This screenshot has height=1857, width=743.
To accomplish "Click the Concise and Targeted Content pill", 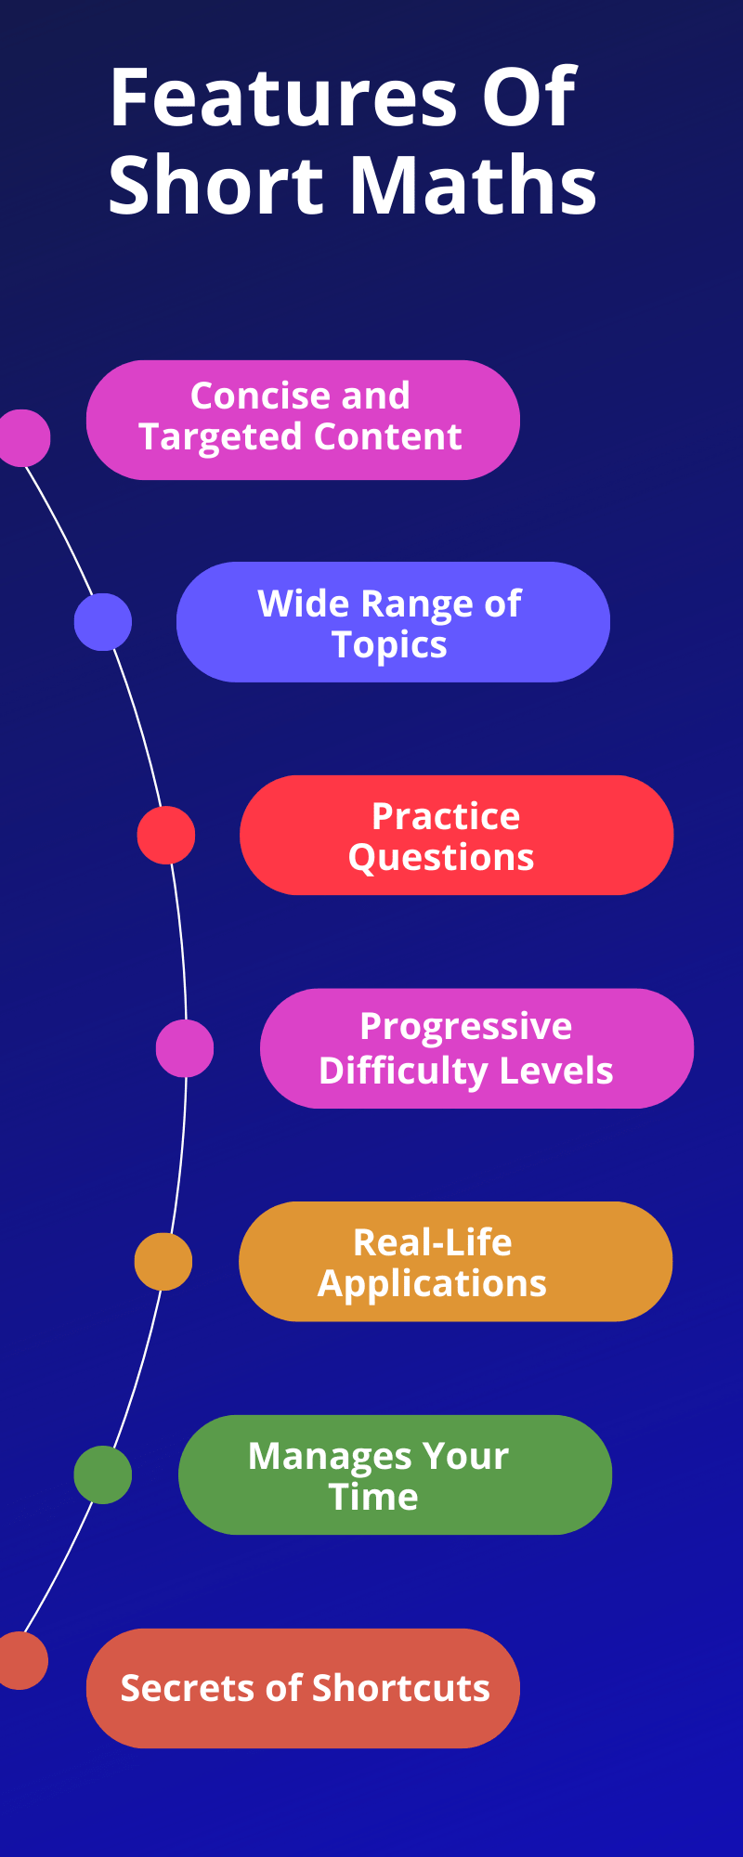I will click(303, 420).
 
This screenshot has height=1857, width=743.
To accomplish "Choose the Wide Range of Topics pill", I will click(393, 622).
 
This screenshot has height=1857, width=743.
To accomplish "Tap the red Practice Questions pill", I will click(456, 835).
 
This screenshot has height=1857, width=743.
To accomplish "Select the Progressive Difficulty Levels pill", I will click(476, 1048).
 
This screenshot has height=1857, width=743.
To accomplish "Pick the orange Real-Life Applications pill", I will click(455, 1261).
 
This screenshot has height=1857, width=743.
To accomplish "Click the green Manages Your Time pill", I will click(395, 1474).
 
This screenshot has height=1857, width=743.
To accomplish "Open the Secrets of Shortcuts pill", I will click(303, 1688).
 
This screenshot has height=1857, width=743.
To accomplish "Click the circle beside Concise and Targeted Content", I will click(22, 437).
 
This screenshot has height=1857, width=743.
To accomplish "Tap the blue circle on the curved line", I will click(103, 622).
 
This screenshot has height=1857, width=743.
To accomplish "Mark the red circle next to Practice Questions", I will click(166, 835).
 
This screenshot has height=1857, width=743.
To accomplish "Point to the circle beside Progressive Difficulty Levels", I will click(185, 1048).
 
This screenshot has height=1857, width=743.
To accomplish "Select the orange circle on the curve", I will click(163, 1261).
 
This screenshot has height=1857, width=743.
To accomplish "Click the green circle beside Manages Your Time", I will click(103, 1474).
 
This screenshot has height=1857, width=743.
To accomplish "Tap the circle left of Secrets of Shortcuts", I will click(20, 1660).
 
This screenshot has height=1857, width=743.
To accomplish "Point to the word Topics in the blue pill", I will click(390, 644).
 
